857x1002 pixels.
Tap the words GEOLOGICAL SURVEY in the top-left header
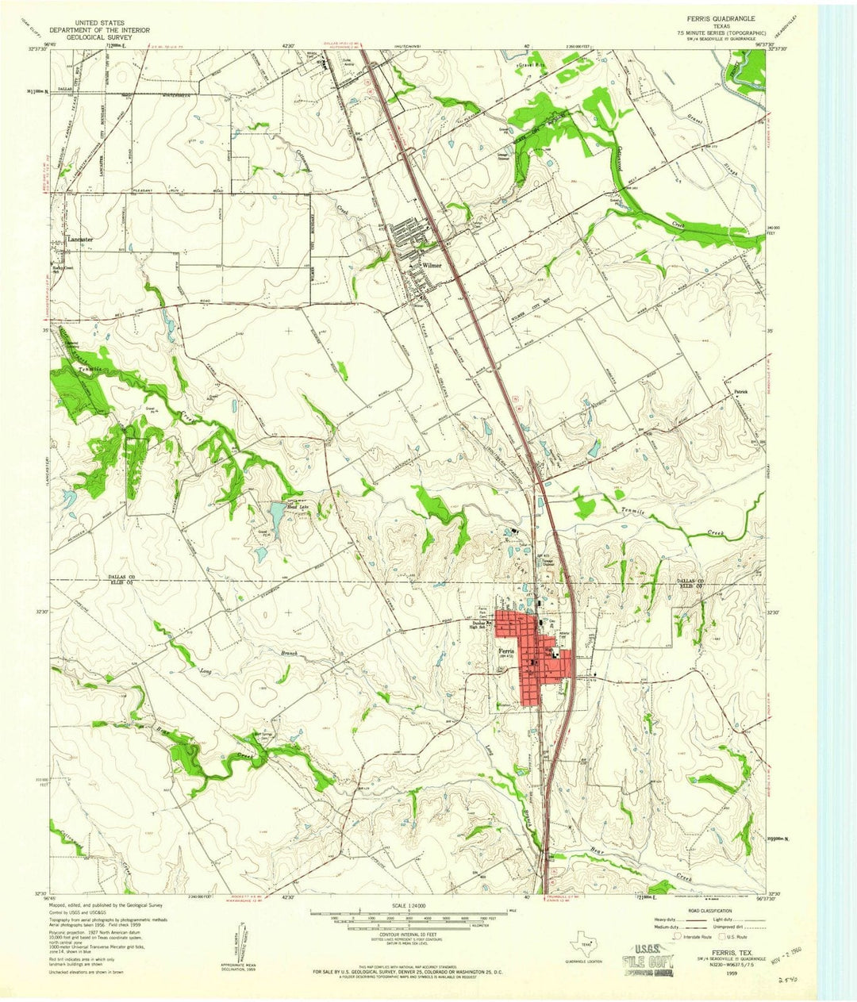[x=96, y=36]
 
